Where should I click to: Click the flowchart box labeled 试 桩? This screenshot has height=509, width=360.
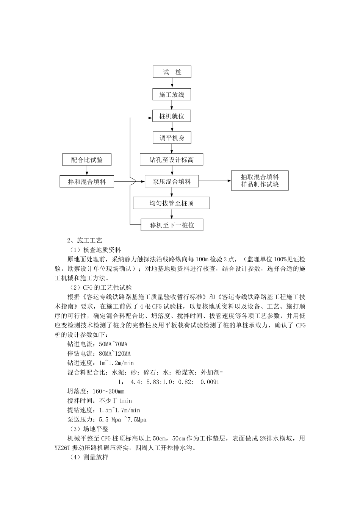click(x=172, y=72)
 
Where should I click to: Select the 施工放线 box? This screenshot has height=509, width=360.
click(x=172, y=94)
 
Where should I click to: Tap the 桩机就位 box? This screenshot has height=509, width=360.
click(x=172, y=116)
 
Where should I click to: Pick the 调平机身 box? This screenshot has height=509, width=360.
click(x=172, y=138)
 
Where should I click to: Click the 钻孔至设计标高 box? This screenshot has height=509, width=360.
click(x=172, y=159)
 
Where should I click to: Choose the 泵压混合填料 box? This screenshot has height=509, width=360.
click(x=172, y=181)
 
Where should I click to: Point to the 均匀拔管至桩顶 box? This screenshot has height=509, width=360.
click(x=172, y=203)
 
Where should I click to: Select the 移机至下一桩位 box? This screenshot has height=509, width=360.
click(x=172, y=225)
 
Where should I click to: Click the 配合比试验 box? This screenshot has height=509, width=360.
click(x=87, y=159)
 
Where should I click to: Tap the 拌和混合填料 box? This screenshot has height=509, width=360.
click(x=87, y=181)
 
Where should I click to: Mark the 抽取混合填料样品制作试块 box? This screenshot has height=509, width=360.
click(x=260, y=181)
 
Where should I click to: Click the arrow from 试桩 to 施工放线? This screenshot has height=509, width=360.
click(x=172, y=83)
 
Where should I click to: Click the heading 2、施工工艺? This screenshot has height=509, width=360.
click(x=85, y=240)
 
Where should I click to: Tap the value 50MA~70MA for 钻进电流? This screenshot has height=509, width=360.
click(x=113, y=344)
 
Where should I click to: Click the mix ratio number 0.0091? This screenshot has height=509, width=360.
click(x=210, y=382)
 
